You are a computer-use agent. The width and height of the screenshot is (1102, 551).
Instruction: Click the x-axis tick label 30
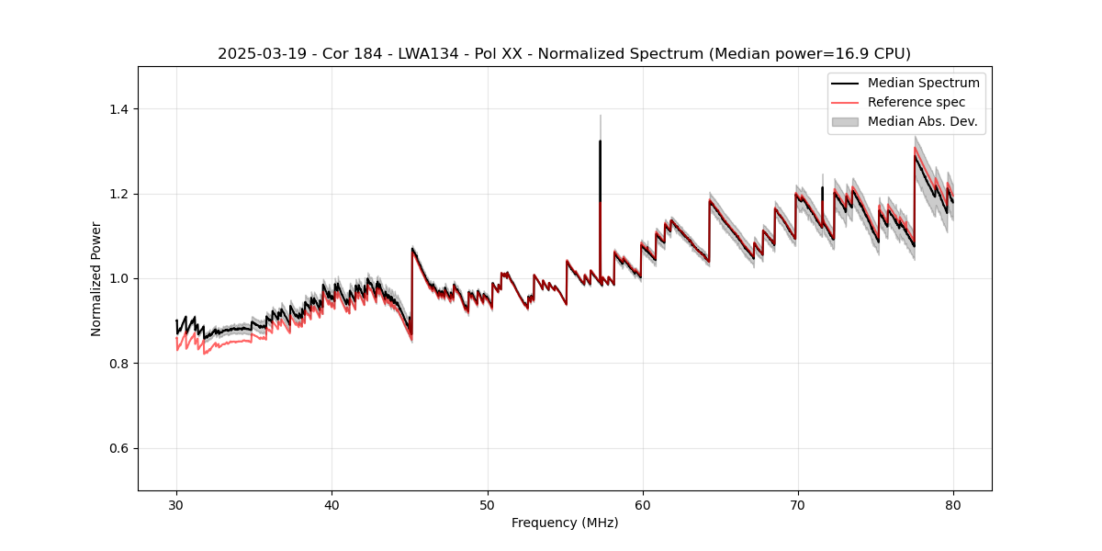pyautogui.click(x=176, y=505)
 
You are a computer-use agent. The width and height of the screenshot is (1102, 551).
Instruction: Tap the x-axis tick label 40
pyautogui.click(x=332, y=505)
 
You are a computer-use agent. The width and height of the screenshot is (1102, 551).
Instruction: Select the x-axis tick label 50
pyautogui.click(x=487, y=505)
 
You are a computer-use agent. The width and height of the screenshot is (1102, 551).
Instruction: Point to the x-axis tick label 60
pyautogui.click(x=642, y=505)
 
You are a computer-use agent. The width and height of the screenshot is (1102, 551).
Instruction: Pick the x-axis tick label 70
pyautogui.click(x=797, y=505)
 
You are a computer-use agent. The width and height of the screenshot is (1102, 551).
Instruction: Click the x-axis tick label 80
pyautogui.click(x=952, y=505)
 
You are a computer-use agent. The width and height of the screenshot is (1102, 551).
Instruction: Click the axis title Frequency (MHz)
pyautogui.click(x=565, y=523)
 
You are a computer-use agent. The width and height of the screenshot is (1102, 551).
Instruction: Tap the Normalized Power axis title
pyautogui.click(x=96, y=278)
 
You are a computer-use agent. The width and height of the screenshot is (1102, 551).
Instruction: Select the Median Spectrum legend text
pyautogui.click(x=924, y=83)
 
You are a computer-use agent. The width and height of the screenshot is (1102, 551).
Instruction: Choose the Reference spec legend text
pyautogui.click(x=916, y=102)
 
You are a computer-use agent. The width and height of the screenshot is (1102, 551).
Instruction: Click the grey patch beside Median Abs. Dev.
pyautogui.click(x=845, y=121)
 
